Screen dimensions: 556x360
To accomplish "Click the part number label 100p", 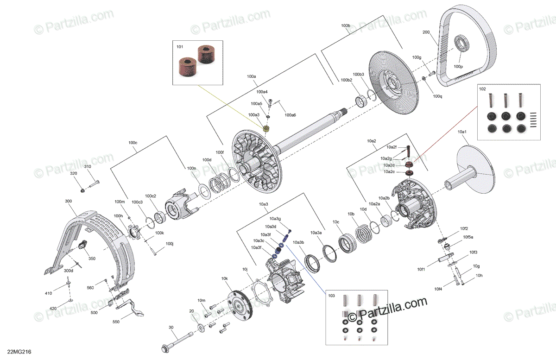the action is click(458, 67).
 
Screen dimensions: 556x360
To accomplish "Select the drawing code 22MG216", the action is click(19, 352).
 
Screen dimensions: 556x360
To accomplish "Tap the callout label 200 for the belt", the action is click(426, 32).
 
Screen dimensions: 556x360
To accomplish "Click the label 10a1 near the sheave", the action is click(462, 132).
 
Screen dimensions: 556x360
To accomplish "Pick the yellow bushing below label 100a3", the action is click(266, 129).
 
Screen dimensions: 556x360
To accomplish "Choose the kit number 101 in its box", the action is click(180, 47).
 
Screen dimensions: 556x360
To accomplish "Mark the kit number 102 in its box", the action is click(482, 89).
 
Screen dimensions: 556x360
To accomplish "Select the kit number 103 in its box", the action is click(331, 296).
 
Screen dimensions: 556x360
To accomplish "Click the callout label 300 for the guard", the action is click(68, 201).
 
